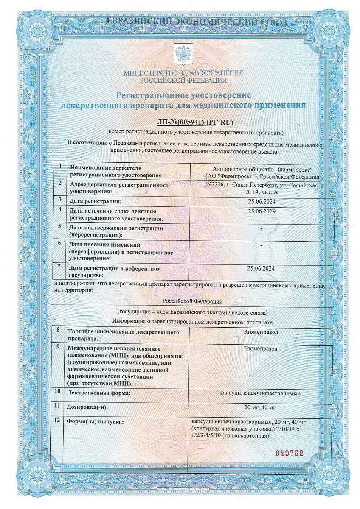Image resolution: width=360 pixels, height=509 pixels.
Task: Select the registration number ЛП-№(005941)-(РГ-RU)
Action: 195,123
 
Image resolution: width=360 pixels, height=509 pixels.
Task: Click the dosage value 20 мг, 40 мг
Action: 261,407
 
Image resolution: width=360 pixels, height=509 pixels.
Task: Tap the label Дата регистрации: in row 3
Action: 96,201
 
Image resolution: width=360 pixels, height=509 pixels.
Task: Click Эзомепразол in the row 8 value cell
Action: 261,332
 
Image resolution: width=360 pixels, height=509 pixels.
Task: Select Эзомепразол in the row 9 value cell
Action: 261,349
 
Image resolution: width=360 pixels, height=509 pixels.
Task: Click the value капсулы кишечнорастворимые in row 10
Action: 261,393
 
